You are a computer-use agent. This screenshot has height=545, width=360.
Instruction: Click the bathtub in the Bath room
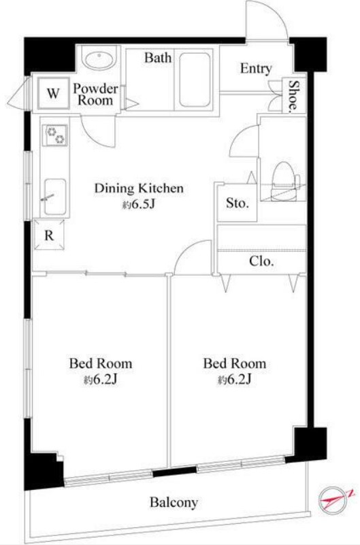pyautogui.click(x=195, y=80)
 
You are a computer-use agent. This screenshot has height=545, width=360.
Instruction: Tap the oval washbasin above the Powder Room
pyautogui.click(x=99, y=61)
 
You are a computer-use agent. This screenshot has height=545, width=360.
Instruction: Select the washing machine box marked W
pyautogui.click(x=53, y=93)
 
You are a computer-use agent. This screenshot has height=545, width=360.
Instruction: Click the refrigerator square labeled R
pyautogui.click(x=50, y=235)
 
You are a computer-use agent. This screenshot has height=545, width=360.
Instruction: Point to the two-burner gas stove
pyautogui.click(x=56, y=135)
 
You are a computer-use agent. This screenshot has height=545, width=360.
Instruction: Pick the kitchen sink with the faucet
pyautogui.click(x=55, y=197)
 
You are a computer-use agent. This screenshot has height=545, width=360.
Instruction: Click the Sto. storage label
pyautogui.click(x=238, y=203)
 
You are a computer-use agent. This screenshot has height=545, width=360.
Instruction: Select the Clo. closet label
pyautogui.click(x=261, y=261)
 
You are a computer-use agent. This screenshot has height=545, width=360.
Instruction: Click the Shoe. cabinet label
pyautogui.click(x=294, y=95)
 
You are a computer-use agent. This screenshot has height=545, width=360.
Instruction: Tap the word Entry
pyautogui.click(x=256, y=69)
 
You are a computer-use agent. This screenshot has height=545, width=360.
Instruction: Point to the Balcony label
pyautogui.click(x=174, y=502)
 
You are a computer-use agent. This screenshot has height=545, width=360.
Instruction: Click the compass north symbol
pyautogui.click(x=333, y=499)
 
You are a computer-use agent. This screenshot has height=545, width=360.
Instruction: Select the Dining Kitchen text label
pyautogui.click(x=139, y=188)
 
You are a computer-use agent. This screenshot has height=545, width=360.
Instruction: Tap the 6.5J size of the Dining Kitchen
pyautogui.click(x=138, y=205)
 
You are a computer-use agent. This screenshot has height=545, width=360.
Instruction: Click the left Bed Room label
pyautogui.click(x=101, y=363)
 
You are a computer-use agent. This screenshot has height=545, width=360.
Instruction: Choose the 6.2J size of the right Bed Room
pyautogui.click(x=235, y=380)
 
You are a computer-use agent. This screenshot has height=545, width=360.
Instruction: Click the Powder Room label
pyautogui.click(x=95, y=94)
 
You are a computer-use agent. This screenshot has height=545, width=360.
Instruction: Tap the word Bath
pyautogui.click(x=158, y=57)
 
